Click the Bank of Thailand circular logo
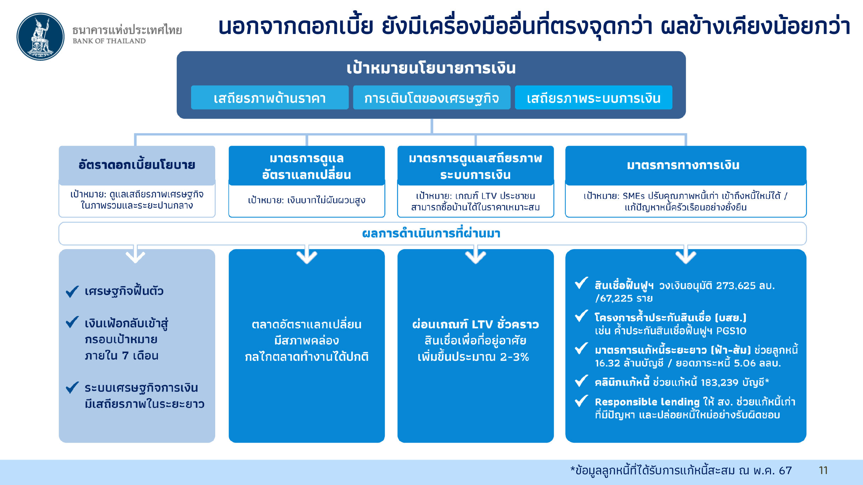coord(40,37)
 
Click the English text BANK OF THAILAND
coord(109,41)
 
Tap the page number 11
coord(823,470)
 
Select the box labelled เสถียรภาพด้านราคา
coord(270,98)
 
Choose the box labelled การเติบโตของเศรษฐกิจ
coord(431,98)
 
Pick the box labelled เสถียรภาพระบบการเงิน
coord(594,98)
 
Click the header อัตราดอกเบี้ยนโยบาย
coord(137,165)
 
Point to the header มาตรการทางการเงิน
coord(683,165)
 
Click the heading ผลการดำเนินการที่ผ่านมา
coord(431,233)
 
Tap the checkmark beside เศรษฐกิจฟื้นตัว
coord(72,291)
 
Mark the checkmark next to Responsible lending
coord(581,401)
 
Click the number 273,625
coord(736,285)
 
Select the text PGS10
coord(731,331)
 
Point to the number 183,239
coord(720,382)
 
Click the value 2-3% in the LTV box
coord(514,357)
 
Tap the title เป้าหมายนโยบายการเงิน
coord(431,68)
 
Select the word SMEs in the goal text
coord(634,196)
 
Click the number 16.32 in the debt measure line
coord(607,363)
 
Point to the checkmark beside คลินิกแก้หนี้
coord(581,381)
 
